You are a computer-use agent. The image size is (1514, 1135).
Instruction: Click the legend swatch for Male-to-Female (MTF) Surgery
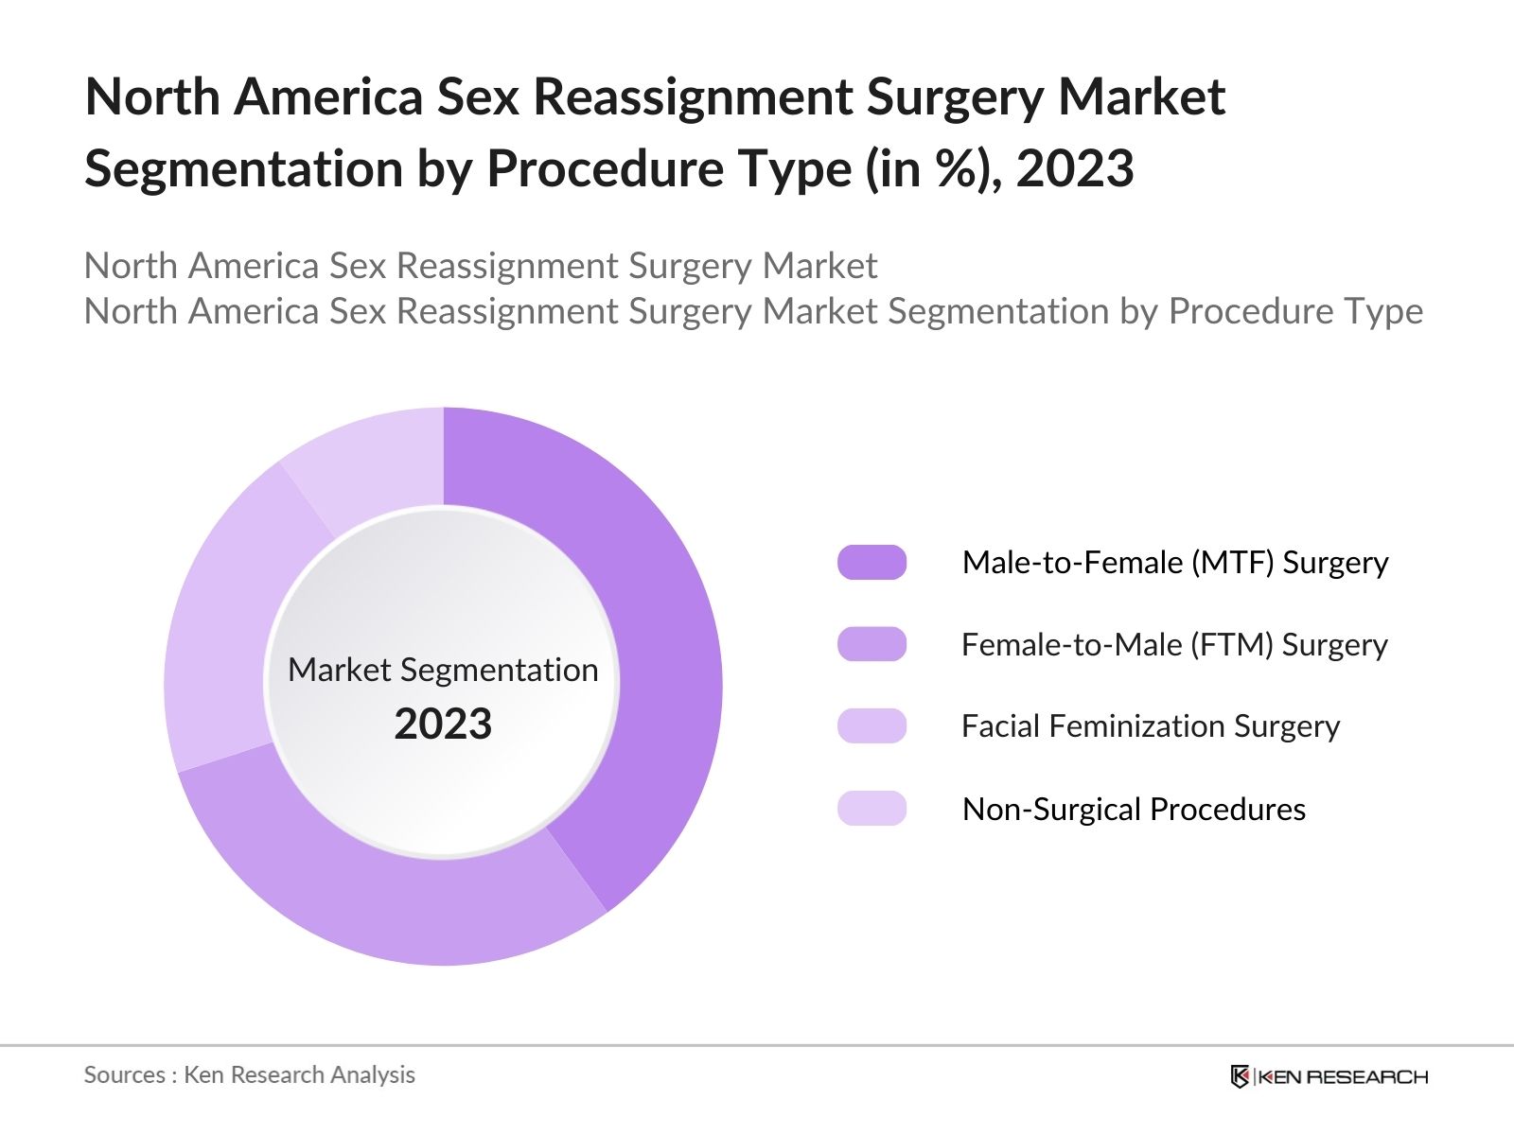point(871,563)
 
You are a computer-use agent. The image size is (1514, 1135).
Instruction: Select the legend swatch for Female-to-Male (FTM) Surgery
point(871,644)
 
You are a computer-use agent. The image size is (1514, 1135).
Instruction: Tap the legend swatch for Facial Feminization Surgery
point(871,726)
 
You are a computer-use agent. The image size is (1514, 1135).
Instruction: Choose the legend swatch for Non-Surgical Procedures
point(871,809)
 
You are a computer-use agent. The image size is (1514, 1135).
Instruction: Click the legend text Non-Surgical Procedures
point(1134,810)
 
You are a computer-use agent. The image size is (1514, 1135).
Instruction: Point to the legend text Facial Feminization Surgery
point(1150,726)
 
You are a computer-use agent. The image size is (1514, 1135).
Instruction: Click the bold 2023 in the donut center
point(443,725)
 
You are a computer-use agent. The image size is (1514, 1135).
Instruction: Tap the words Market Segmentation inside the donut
point(443,670)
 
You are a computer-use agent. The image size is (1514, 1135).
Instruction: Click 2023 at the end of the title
point(1075,169)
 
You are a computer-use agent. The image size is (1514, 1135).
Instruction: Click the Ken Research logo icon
point(1240,1076)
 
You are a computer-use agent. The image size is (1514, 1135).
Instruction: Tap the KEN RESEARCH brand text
point(1344,1076)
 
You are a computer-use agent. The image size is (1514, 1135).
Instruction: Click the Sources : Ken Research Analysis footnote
point(249,1074)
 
